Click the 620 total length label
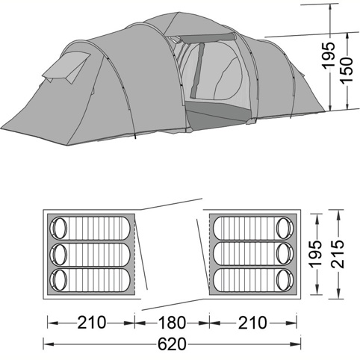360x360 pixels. [x=172, y=344]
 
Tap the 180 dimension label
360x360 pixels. [x=172, y=323]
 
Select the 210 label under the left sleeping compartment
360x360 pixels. [x=92, y=323]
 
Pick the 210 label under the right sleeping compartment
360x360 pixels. [x=252, y=323]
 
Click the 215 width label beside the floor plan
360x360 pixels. [x=338, y=254]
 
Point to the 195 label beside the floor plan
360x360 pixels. [x=316, y=255]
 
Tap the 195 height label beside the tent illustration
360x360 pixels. [x=329, y=55]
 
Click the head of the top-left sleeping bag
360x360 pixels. [x=59, y=229]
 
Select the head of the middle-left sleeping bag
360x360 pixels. [x=59, y=254]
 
